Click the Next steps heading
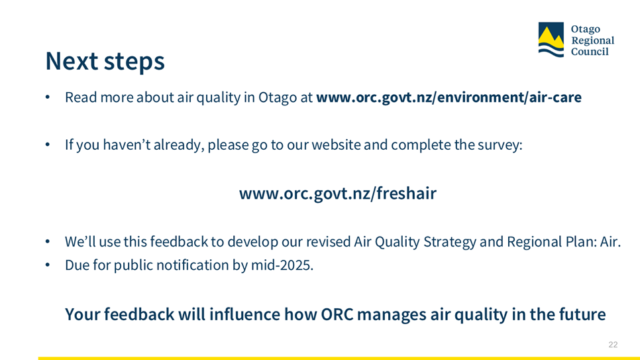[x=105, y=62]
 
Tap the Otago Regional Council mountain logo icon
[x=551, y=40]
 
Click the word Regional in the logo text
[x=592, y=41]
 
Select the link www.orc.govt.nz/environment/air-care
[x=449, y=97]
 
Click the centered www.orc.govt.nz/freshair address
[x=337, y=194]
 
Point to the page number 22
[x=613, y=345]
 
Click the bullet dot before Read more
[x=48, y=97]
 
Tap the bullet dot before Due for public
[x=48, y=265]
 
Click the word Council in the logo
[x=590, y=52]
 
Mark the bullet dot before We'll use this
[x=48, y=241]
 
